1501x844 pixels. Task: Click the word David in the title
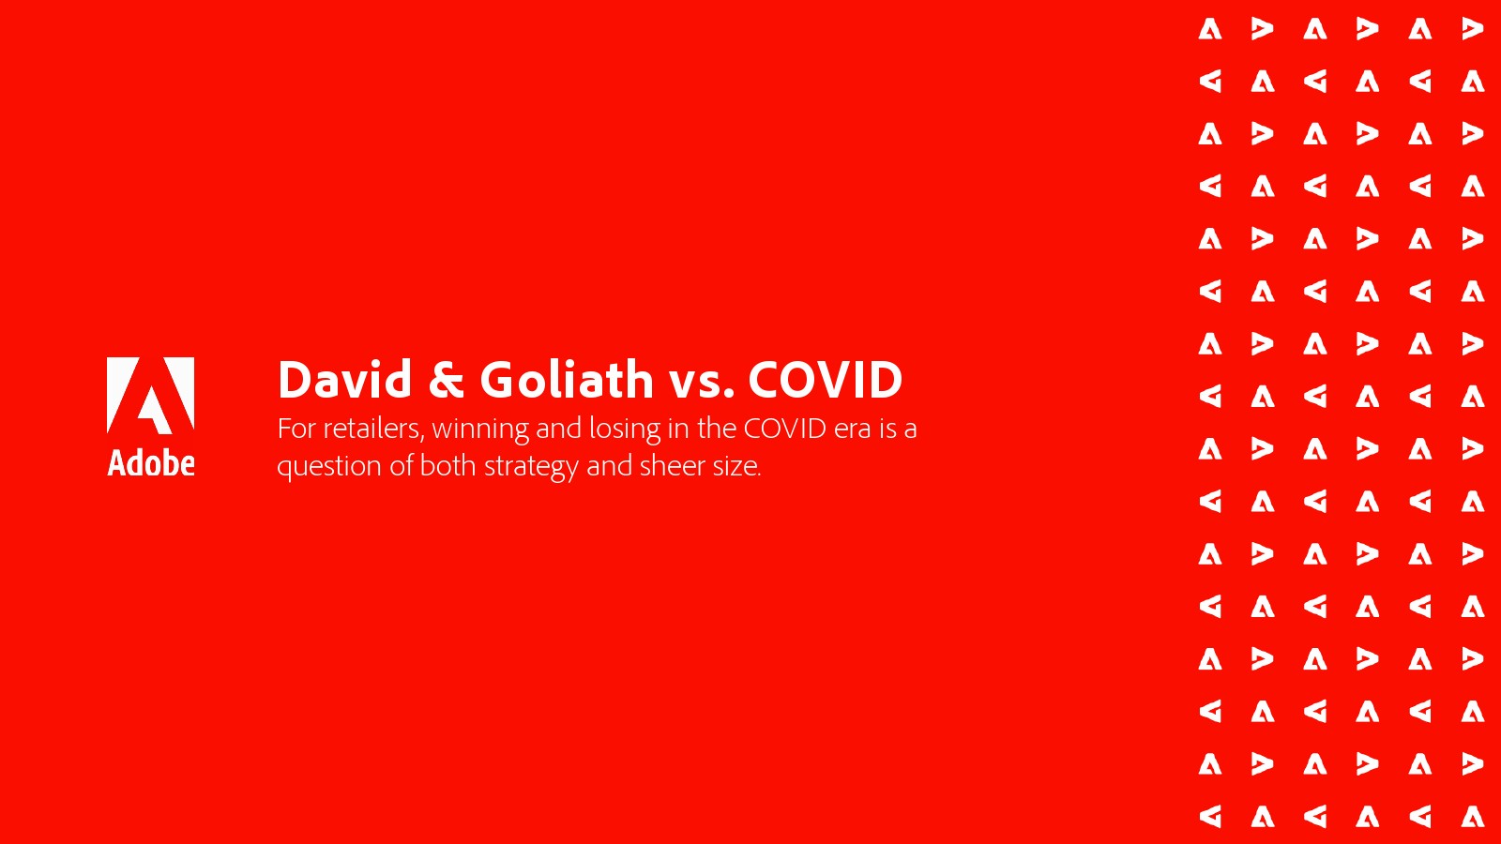[344, 379]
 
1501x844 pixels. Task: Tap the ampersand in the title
[446, 379]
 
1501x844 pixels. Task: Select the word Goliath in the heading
[567, 379]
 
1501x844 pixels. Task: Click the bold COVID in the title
[826, 380]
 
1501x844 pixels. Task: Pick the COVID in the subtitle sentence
[784, 428]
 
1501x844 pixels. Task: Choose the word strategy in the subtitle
[531, 467]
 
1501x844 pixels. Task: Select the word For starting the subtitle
[296, 429]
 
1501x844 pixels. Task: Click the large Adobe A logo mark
[151, 395]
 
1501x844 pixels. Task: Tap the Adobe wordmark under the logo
[151, 463]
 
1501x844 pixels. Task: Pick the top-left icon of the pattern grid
[1210, 29]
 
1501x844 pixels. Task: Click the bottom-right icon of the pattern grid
[1472, 817]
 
